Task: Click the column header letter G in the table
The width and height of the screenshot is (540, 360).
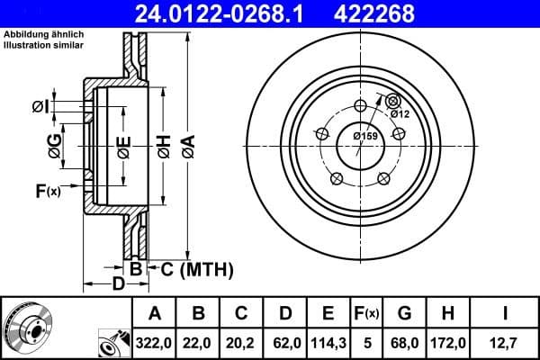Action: click(404, 313)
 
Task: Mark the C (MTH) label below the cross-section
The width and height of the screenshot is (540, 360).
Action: click(197, 268)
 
